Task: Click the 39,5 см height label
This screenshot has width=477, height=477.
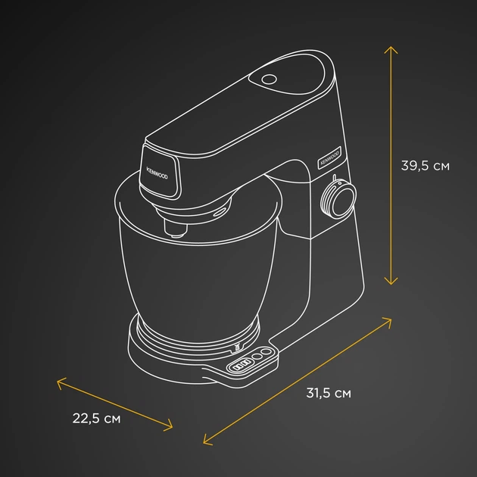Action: (425, 166)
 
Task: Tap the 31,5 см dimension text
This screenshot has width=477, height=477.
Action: (329, 393)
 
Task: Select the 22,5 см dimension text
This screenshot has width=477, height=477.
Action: (96, 418)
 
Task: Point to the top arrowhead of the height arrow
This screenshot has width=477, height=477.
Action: (391, 48)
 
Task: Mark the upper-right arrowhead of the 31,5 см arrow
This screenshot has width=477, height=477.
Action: (388, 320)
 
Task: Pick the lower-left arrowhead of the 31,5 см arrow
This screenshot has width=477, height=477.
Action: (206, 441)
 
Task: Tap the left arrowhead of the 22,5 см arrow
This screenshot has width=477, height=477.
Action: (60, 382)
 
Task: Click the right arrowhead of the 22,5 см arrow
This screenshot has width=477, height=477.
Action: (169, 426)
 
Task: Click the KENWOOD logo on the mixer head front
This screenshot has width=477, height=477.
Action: (157, 173)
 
